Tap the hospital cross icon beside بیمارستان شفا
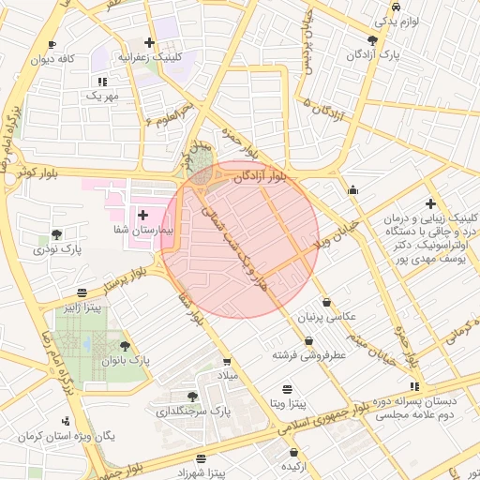[142, 216]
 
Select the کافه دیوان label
[53, 59]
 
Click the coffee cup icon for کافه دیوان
[52, 44]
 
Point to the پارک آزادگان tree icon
[373, 40]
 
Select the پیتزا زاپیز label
[82, 307]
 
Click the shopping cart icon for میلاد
[227, 361]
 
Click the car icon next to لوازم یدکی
[397, 6]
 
